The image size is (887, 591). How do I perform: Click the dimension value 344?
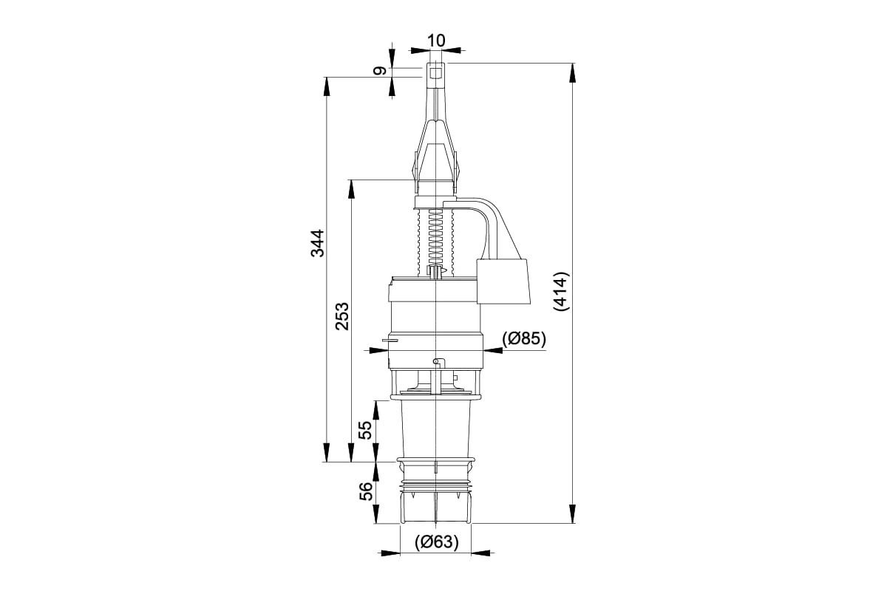(x=317, y=243)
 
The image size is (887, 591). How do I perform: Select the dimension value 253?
(x=341, y=316)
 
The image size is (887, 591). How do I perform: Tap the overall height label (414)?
(x=562, y=291)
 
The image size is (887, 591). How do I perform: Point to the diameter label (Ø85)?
(x=524, y=338)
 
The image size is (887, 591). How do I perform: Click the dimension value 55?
(x=365, y=429)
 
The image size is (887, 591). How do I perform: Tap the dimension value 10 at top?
(x=436, y=41)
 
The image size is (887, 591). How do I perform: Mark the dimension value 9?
(x=379, y=71)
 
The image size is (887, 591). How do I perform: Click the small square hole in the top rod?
(x=435, y=74)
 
